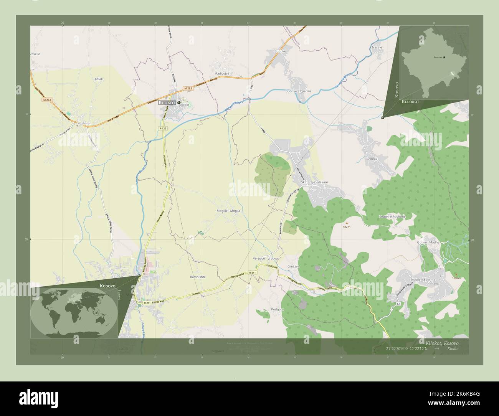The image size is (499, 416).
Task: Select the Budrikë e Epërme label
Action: tap(298, 91)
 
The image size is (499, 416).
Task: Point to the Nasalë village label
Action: tap(377, 47)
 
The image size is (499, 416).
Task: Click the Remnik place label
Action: tap(372, 158)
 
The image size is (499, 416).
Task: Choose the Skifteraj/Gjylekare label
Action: tap(315, 183)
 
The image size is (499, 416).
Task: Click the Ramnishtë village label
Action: tap(198, 277)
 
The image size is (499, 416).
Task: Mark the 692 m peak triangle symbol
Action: tap(347, 223)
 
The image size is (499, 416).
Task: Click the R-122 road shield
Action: tap(163, 128)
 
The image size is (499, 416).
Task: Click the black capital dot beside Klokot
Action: tap(179, 102)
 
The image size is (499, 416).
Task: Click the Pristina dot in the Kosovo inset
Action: tap(444, 58)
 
